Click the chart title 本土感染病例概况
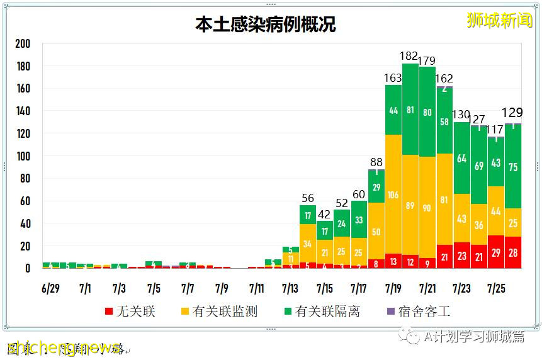tap(265, 25)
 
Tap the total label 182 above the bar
tap(410, 56)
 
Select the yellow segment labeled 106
tap(393, 194)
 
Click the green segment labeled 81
tap(410, 110)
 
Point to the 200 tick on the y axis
tap(23, 43)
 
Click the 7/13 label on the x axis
tap(290, 288)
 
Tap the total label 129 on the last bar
tap(512, 113)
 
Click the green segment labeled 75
tap(513, 167)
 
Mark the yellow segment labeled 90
tap(427, 208)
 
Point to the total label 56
tap(307, 198)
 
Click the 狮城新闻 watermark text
tap(499, 20)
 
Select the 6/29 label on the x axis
tap(50, 288)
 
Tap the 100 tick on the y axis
tap(23, 156)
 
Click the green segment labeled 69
tap(479, 166)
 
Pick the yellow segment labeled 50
tap(376, 232)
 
